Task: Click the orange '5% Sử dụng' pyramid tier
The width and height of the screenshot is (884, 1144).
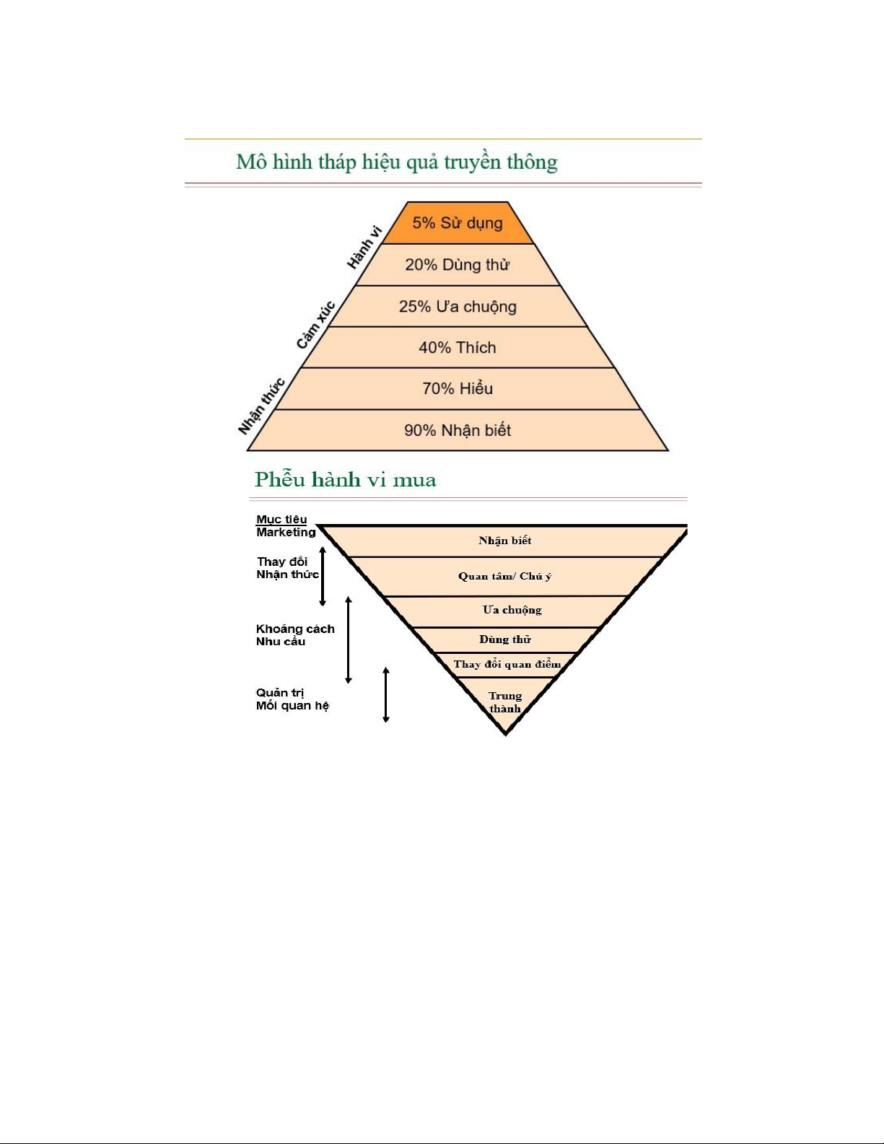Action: click(458, 223)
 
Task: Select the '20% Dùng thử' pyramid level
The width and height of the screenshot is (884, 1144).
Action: click(458, 265)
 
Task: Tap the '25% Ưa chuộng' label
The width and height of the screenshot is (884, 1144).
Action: click(458, 307)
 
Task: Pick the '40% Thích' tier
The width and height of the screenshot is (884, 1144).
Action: click(458, 348)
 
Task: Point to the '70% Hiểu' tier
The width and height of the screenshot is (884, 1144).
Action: click(458, 389)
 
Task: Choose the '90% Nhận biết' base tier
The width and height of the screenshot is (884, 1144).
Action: click(458, 431)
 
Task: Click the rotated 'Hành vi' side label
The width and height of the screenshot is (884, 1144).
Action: click(364, 248)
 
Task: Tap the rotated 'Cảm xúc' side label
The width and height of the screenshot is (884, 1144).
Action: click(315, 326)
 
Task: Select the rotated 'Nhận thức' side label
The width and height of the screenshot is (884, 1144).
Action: click(261, 406)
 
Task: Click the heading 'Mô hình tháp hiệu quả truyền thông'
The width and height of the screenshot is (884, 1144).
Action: click(397, 162)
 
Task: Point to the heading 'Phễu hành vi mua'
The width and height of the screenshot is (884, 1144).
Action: click(345, 480)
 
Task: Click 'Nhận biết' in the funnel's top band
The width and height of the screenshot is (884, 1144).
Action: click(505, 541)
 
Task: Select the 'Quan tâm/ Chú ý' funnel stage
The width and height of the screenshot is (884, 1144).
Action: click(504, 576)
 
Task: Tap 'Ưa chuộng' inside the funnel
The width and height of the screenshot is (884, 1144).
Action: click(512, 610)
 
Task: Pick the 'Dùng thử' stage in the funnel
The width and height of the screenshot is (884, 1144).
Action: click(505, 639)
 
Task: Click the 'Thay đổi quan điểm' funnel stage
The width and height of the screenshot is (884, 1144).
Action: click(507, 664)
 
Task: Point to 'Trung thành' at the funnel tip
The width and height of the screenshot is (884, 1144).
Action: click(505, 702)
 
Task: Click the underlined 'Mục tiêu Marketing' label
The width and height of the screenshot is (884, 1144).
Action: click(286, 525)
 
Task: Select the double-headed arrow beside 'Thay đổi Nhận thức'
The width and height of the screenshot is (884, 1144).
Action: click(323, 576)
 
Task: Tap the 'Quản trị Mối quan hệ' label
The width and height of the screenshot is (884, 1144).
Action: click(292, 699)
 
